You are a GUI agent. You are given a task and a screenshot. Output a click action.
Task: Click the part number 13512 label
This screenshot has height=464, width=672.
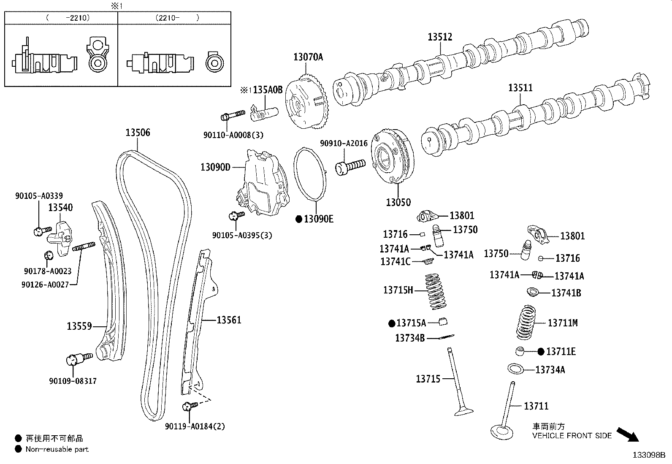point(440,37)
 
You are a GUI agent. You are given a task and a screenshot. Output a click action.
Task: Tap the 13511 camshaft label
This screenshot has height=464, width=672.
point(520,88)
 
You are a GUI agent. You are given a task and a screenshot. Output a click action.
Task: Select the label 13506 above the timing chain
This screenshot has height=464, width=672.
point(138,132)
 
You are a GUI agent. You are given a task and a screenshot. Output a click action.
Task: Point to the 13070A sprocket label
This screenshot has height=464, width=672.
point(308,57)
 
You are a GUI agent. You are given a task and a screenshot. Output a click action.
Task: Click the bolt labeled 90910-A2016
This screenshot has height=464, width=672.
point(350,166)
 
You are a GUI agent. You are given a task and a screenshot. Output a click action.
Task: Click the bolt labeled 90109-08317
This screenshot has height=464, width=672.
point(79,358)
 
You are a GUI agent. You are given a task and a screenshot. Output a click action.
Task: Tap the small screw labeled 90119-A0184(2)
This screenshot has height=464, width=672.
point(190,406)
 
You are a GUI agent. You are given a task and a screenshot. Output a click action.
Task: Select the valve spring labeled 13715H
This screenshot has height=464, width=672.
point(436,291)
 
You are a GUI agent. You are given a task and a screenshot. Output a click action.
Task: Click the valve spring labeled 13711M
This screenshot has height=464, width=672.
point(526,322)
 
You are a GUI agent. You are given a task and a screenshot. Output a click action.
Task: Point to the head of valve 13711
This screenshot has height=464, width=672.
point(502,432)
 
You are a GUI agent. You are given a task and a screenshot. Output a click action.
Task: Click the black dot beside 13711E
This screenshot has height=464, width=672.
point(541,352)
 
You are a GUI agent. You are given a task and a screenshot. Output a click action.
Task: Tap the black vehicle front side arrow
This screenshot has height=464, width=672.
point(628,434)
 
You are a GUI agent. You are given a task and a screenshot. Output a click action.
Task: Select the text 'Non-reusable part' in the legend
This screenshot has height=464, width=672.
point(57,449)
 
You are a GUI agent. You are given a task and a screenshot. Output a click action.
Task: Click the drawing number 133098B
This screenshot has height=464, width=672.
point(649,455)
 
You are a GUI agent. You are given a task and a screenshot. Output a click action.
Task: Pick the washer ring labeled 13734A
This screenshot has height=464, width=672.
point(515,369)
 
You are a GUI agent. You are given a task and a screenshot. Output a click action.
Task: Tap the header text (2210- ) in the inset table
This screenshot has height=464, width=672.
point(177,18)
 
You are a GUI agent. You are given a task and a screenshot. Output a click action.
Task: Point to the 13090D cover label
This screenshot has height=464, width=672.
point(215,167)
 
